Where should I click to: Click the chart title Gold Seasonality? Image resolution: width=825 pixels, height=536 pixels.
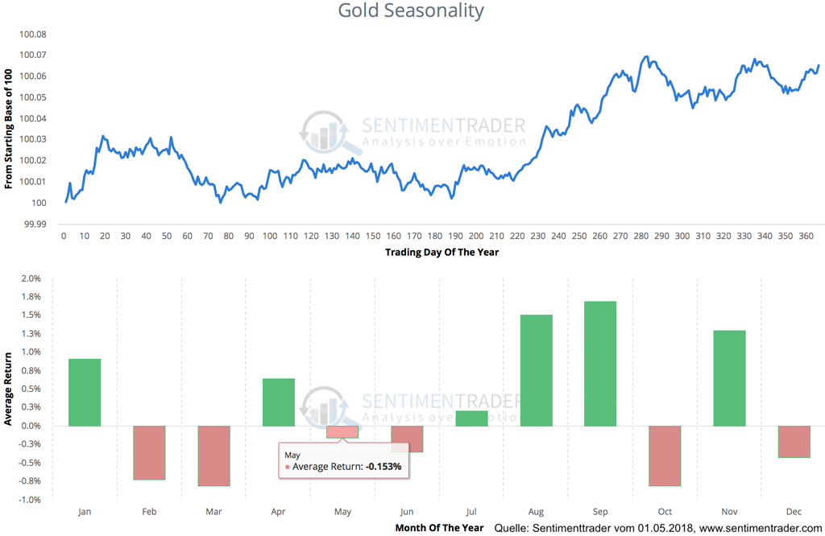pos(411,11)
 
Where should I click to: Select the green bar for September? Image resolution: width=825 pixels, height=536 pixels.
pos(601,364)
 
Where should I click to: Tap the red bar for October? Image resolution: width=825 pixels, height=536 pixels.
pos(665,456)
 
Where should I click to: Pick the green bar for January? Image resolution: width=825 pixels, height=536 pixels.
pos(85,392)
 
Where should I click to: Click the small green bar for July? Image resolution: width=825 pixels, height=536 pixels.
pos(472,418)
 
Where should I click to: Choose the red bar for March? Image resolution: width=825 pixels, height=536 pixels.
pos(214,456)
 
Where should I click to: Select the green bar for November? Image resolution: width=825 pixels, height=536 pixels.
pos(730,378)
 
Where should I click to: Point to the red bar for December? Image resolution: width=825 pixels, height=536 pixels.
pos(794,442)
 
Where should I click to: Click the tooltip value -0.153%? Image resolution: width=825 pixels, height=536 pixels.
pos(383,467)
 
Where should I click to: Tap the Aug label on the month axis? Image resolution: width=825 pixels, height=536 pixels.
pos(537,512)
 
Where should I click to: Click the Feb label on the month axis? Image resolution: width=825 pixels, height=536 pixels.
pos(149,512)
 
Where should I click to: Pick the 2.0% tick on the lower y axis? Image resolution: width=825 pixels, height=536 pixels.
pos(30,278)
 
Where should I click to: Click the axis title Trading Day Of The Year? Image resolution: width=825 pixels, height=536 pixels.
pos(442,253)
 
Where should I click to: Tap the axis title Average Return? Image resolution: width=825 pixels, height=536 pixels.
pos(8,389)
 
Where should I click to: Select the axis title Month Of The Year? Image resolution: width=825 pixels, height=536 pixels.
pos(439,528)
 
